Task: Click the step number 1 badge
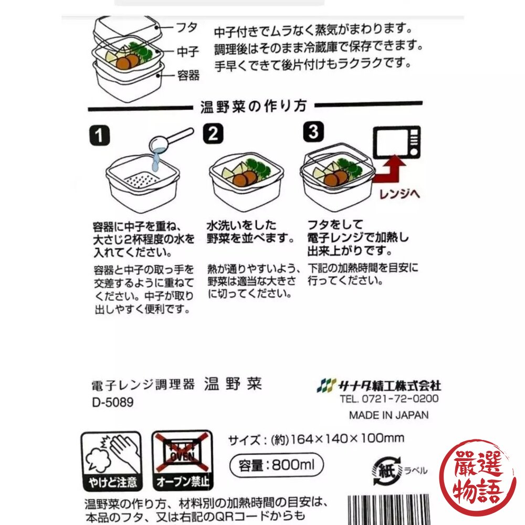(99, 135)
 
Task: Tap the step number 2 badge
(213, 133)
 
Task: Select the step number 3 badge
(313, 132)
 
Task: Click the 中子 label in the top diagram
(188, 52)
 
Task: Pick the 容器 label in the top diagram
(188, 75)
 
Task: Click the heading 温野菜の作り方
(254, 107)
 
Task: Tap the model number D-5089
(113, 402)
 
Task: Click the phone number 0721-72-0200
(400, 399)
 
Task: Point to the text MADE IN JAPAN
(388, 415)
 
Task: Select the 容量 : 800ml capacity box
(277, 465)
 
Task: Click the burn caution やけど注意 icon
(112, 461)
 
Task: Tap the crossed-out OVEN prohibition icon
(183, 461)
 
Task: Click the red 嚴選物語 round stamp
(478, 478)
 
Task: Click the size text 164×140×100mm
(348, 438)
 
